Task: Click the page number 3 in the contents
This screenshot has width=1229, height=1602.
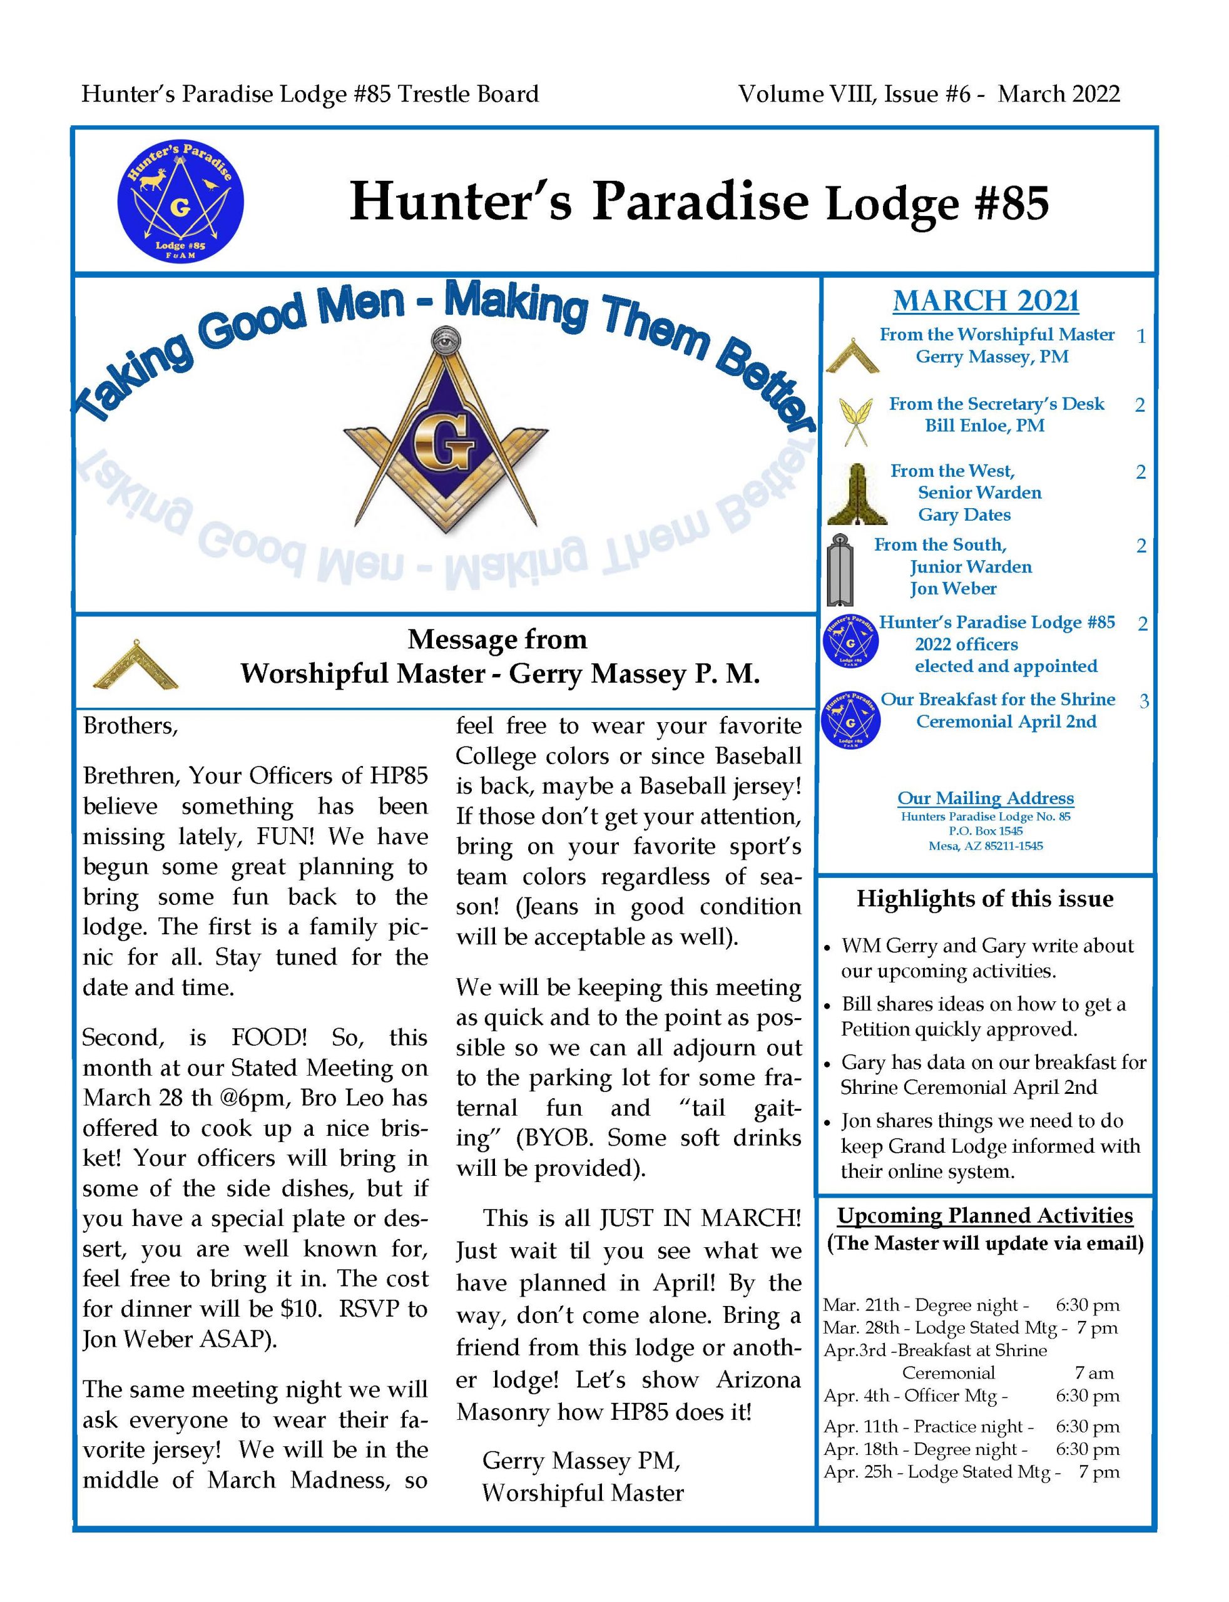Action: click(1143, 701)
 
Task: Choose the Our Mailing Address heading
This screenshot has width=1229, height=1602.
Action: click(986, 798)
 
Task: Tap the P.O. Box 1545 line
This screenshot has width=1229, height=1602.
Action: click(986, 831)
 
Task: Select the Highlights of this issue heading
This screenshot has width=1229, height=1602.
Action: click(985, 898)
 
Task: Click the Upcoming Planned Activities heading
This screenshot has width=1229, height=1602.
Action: click(985, 1215)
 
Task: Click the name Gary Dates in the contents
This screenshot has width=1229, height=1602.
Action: click(964, 515)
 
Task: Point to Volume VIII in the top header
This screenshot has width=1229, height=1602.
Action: click(806, 94)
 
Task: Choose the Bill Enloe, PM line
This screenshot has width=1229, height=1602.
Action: click(985, 426)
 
